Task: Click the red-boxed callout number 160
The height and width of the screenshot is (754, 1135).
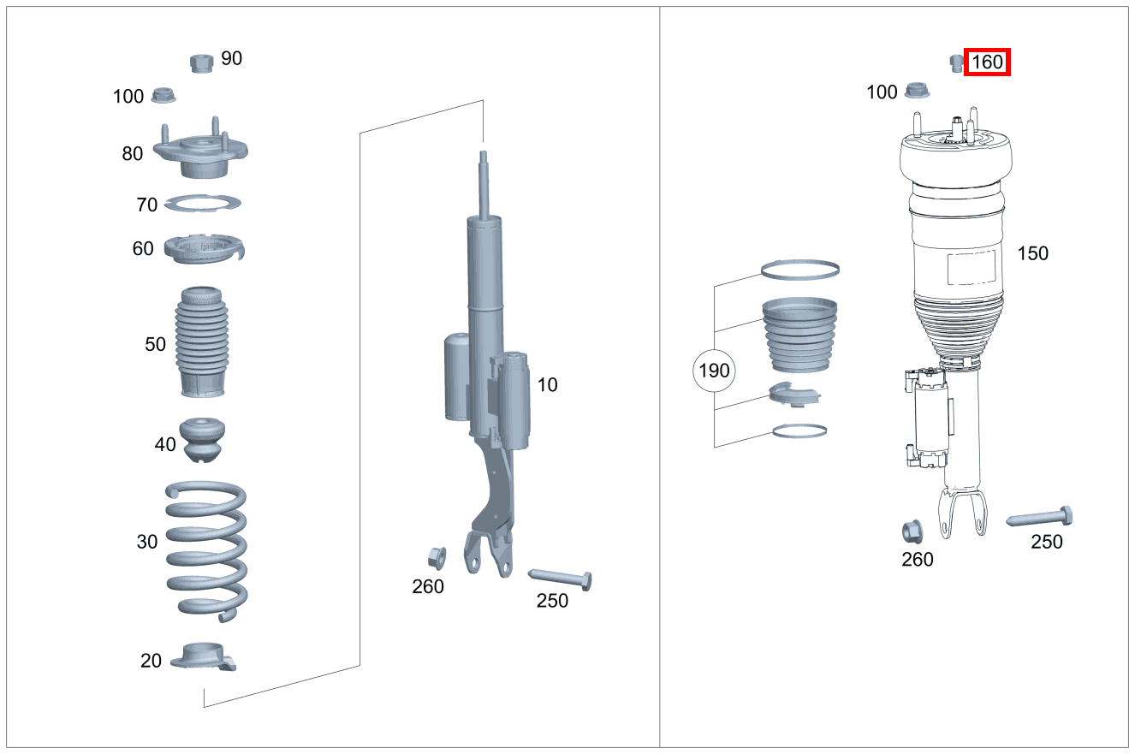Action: click(x=987, y=62)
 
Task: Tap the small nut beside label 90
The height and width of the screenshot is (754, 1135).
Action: click(x=200, y=62)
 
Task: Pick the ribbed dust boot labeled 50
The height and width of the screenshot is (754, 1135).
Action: click(x=203, y=342)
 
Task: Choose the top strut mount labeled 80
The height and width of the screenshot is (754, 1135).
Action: click(x=200, y=152)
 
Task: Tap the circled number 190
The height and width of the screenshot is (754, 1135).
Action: click(x=714, y=371)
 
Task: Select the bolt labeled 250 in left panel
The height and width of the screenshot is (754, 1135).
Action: click(x=562, y=576)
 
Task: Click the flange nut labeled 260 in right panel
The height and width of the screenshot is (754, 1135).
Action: click(x=912, y=531)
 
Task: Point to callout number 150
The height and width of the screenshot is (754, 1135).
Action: click(x=1032, y=253)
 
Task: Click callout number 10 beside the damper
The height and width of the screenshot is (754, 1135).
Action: click(x=547, y=385)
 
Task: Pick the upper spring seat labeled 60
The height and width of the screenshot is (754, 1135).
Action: click(x=203, y=249)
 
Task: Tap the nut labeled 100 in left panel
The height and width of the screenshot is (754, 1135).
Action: click(x=163, y=96)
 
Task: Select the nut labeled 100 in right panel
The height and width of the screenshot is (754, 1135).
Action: click(x=917, y=89)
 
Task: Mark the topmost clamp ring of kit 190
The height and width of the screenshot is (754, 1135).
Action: click(x=800, y=270)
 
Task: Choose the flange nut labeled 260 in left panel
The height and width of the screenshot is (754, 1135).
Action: click(x=435, y=557)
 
